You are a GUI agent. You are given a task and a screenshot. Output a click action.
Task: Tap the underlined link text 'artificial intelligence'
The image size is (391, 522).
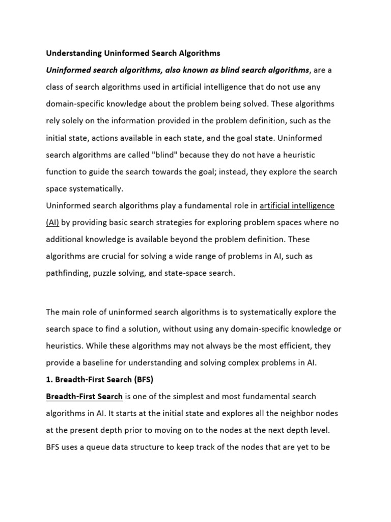point(297,206)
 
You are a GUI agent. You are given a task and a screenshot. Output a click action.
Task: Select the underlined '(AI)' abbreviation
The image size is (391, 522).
point(52,223)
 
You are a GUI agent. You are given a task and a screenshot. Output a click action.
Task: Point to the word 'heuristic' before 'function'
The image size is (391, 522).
point(304,154)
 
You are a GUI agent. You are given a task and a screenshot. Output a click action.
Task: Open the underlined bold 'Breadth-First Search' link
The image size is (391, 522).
point(84,396)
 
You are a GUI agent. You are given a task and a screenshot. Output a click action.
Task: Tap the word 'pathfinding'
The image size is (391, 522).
point(69,273)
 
